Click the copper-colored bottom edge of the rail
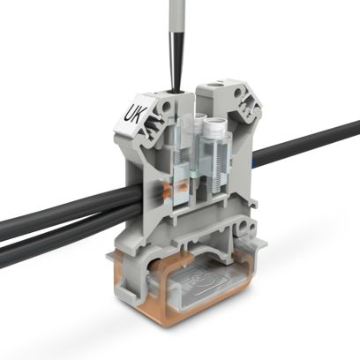tap(176, 327)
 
